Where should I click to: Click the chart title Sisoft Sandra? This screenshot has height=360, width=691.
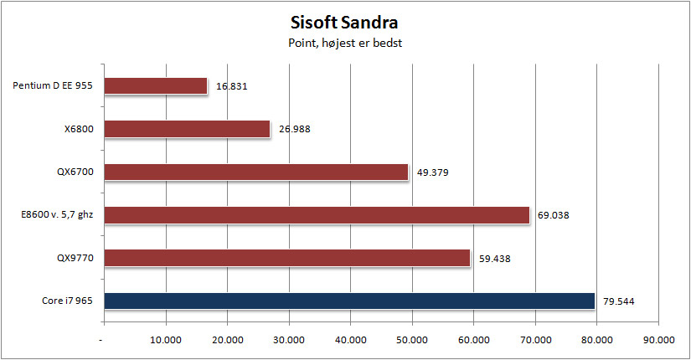pos(344,23)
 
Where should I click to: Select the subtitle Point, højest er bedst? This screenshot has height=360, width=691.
pos(345,44)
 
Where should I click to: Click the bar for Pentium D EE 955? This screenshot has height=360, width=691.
pos(156,86)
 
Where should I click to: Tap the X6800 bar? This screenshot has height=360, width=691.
pos(187,129)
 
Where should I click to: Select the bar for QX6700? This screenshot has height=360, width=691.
pos(256,172)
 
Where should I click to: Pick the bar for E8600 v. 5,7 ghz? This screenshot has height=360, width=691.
pos(317,215)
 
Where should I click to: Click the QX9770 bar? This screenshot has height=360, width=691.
pos(287,258)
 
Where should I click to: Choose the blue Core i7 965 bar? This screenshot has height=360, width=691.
pos(349,301)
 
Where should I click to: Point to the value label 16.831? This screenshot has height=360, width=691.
pos(231,86)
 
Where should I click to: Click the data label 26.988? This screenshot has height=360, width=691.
pos(294,129)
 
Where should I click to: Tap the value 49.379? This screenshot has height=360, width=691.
pos(433,172)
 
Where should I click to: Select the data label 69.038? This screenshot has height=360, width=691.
pos(553,215)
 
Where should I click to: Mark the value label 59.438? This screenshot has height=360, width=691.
pos(494,259)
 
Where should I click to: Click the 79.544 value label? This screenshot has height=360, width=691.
pos(619,302)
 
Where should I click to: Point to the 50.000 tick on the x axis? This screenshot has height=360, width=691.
pos(411,340)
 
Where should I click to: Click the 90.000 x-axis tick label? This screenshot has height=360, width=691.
pos(658,340)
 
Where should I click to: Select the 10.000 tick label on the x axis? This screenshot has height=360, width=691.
pos(166,340)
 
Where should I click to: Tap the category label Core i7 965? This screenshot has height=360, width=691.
pos(67,301)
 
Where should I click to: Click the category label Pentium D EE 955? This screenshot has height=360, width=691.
pos(53,85)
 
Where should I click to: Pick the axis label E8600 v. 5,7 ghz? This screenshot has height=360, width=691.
pos(57,215)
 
